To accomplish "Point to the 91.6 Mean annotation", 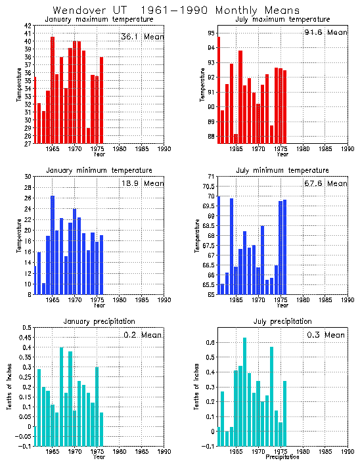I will point(326,32).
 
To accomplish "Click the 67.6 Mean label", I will point(326,183).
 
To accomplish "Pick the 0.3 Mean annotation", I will point(326,335).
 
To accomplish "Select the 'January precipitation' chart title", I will point(90,322).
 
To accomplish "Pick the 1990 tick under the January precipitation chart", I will point(164,452).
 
